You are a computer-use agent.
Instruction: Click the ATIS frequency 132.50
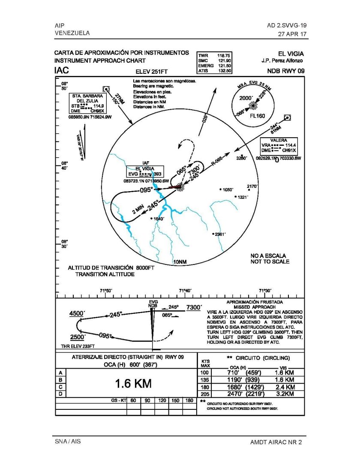pos(225,71)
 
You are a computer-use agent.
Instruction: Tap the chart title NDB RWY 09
pos(285,71)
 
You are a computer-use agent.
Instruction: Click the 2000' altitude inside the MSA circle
pos(246,98)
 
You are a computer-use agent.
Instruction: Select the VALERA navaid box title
pos(279,141)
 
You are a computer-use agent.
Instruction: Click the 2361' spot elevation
pos(221,234)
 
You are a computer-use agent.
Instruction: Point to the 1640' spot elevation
pos(158,219)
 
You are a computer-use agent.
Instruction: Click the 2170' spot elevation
pos(253,186)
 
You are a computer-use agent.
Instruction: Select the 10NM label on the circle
pos(180,262)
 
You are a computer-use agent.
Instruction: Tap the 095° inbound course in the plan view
pos(146,190)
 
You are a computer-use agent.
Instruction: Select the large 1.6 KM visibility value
pos(133,383)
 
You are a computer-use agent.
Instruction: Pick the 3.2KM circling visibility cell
pos(284,393)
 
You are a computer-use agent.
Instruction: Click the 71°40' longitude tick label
pos(185,291)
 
